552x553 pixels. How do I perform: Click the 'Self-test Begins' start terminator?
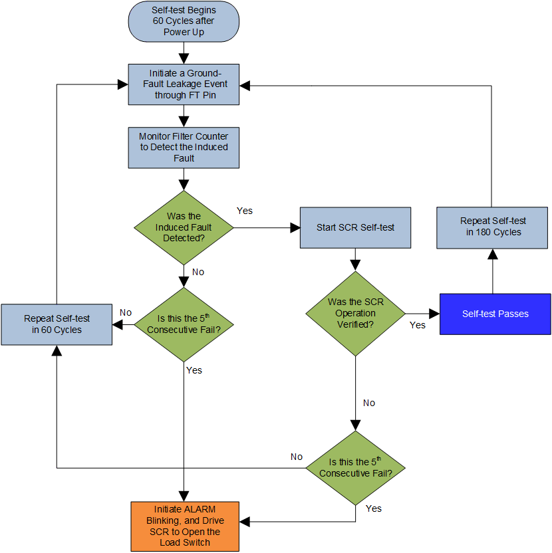pos(184,21)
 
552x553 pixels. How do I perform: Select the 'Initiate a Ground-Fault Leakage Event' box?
pos(184,84)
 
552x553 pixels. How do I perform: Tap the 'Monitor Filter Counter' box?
pos(184,147)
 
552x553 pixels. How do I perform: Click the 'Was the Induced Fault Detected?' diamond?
pos(184,227)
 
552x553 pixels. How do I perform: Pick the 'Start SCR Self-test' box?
pos(355,227)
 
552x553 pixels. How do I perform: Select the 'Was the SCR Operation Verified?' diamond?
pos(355,313)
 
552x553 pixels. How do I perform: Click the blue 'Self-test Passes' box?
pos(495,313)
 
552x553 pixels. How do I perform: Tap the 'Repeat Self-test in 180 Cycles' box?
pos(492,227)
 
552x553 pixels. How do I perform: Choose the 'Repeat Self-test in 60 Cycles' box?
pos(57,324)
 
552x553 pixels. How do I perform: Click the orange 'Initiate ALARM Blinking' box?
pos(184,526)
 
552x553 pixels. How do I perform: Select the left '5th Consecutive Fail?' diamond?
pos(184,324)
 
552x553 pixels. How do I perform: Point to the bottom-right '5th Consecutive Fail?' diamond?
pos(355,468)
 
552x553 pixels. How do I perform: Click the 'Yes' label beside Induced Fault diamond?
pos(245,211)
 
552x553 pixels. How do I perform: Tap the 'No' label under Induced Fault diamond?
pos(198,273)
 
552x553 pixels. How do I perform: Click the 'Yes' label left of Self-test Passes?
pos(418,325)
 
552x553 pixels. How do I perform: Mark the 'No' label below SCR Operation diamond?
pos(369,403)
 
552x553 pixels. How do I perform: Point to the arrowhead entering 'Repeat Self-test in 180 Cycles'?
pos(492,254)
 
